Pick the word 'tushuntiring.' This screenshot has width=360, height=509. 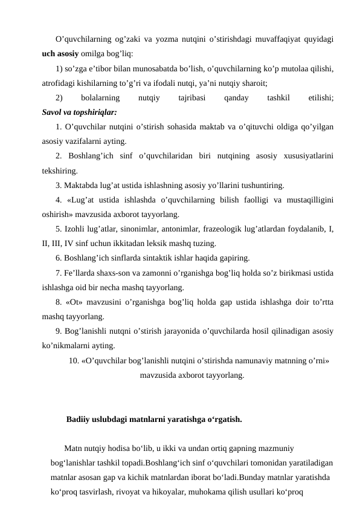coord(260,184)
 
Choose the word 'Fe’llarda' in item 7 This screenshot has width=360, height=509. coord(83,272)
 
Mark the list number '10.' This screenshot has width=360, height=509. coord(75,361)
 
